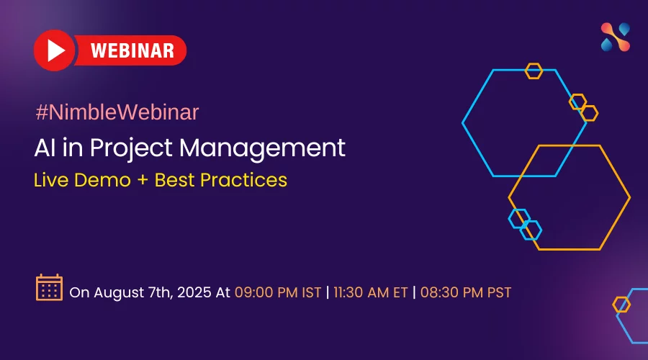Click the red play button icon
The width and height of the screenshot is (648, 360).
pyautogui.click(x=55, y=50)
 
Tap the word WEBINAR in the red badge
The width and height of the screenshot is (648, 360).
pyautogui.click(x=132, y=51)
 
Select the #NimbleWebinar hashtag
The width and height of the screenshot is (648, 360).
pyautogui.click(x=117, y=112)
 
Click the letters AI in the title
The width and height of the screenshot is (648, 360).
pyautogui.click(x=45, y=148)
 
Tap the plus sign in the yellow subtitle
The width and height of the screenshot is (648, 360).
pyautogui.click(x=143, y=181)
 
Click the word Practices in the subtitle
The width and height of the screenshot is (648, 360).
pyautogui.click(x=243, y=180)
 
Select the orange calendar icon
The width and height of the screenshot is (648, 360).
pyautogui.click(x=49, y=287)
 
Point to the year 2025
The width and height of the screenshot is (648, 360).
pyautogui.click(x=194, y=292)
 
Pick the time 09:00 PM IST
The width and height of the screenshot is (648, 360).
pyautogui.click(x=278, y=292)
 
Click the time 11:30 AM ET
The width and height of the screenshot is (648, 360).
pyautogui.click(x=371, y=292)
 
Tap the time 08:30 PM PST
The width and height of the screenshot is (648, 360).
pyautogui.click(x=466, y=292)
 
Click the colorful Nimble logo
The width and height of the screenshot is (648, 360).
pyautogui.click(x=616, y=37)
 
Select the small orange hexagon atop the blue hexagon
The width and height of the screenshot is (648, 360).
pyautogui.click(x=534, y=71)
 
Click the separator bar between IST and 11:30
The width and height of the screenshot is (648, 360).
pyautogui.click(x=328, y=292)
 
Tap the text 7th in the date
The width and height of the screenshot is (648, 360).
pyautogui.click(x=160, y=292)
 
